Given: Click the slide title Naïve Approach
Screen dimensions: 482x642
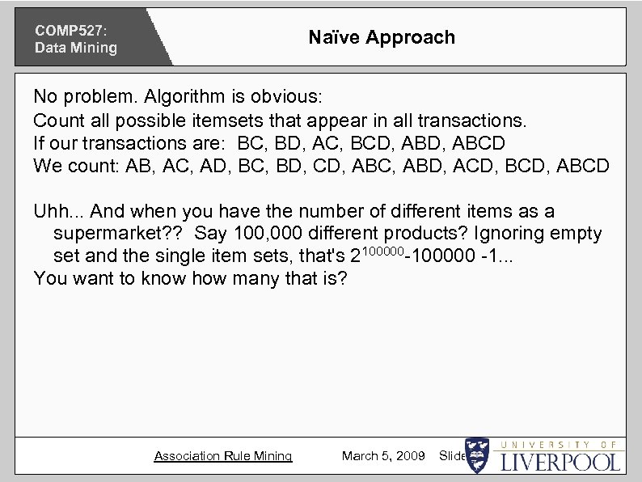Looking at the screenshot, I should pyautogui.click(x=382, y=37).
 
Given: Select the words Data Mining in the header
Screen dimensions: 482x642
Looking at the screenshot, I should pyautogui.click(x=75, y=48).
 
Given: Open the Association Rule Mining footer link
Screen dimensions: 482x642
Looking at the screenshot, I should pyautogui.click(x=223, y=456).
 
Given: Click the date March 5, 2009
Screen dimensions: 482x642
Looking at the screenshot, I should pyautogui.click(x=383, y=456).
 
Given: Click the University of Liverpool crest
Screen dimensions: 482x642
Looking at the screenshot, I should pyautogui.click(x=478, y=455).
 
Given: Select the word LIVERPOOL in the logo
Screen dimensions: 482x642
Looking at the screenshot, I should pyautogui.click(x=562, y=462).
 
